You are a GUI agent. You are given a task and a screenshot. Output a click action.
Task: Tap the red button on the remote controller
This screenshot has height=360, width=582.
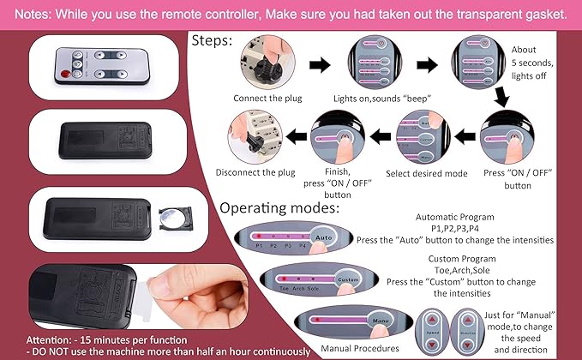(63, 76)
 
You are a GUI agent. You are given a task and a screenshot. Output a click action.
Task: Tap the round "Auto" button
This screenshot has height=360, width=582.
(322, 237)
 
